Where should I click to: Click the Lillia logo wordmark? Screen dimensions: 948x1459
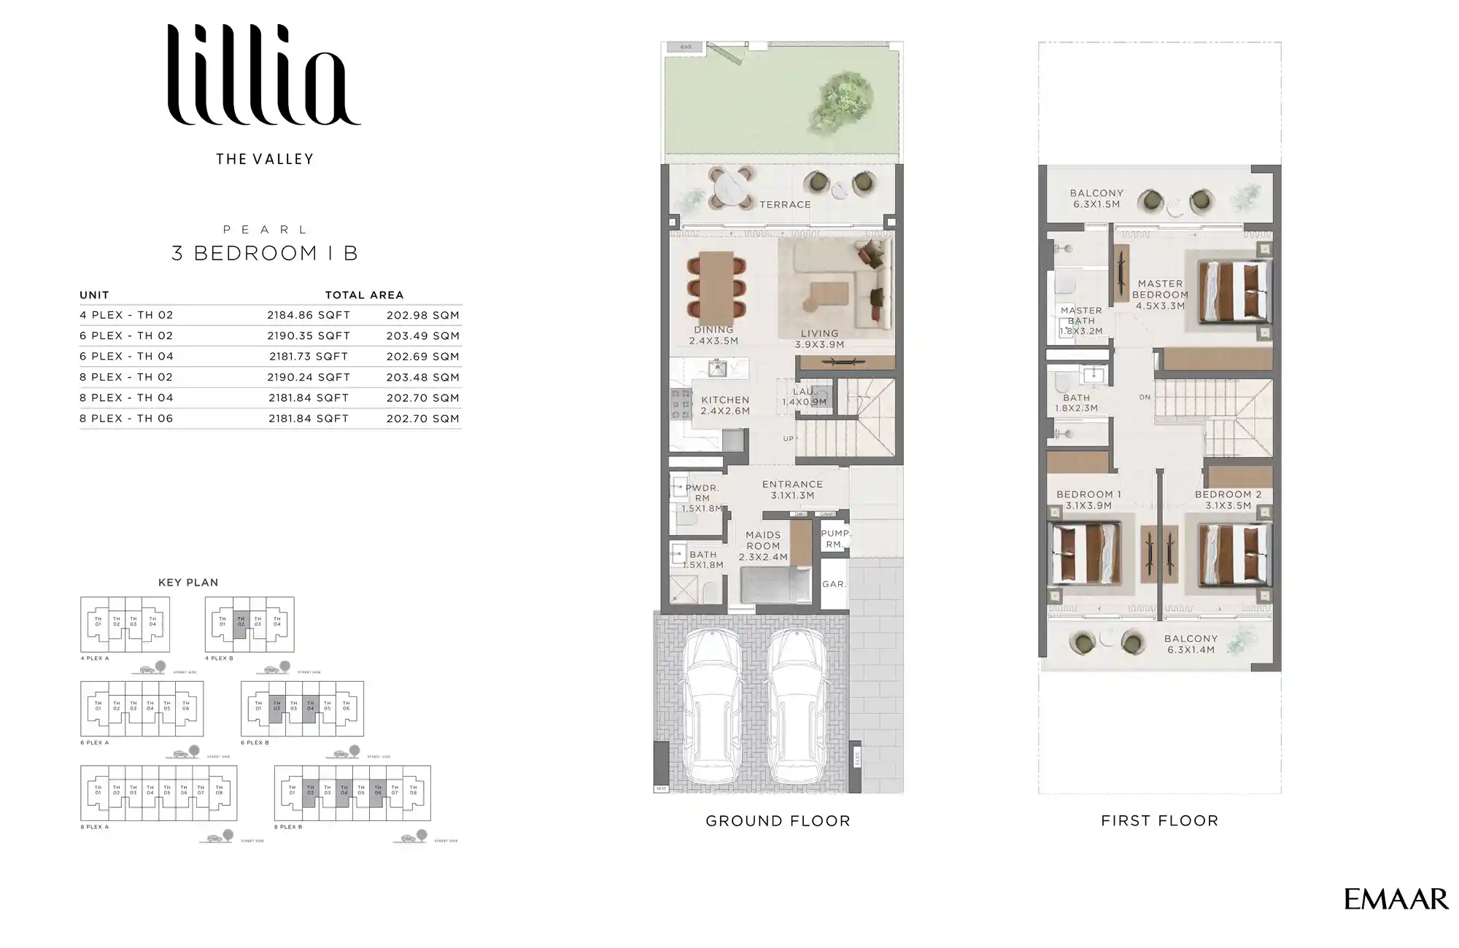click(x=264, y=76)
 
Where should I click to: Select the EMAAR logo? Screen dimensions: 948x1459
click(x=1396, y=899)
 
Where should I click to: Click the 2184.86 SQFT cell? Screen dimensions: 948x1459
click(x=309, y=315)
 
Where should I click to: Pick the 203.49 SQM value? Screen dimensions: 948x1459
click(x=422, y=335)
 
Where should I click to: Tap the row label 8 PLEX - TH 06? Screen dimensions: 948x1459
click(x=126, y=418)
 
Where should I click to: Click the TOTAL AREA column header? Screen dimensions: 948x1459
click(x=364, y=295)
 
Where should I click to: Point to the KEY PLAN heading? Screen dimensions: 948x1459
click(x=188, y=582)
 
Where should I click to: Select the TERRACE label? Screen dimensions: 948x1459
click(x=785, y=205)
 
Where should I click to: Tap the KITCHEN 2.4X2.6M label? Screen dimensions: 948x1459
click(x=724, y=405)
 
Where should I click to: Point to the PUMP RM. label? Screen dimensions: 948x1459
click(x=834, y=539)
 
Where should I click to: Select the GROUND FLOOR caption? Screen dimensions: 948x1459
click(x=778, y=820)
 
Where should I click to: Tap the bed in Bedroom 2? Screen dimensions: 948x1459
click(x=1233, y=554)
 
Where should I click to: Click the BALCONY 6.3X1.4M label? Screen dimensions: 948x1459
click(x=1191, y=643)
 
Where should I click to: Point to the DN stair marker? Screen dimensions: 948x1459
click(x=1145, y=397)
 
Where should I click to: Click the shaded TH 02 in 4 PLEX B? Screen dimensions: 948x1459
click(x=241, y=624)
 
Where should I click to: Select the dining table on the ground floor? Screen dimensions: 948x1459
click(x=716, y=284)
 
